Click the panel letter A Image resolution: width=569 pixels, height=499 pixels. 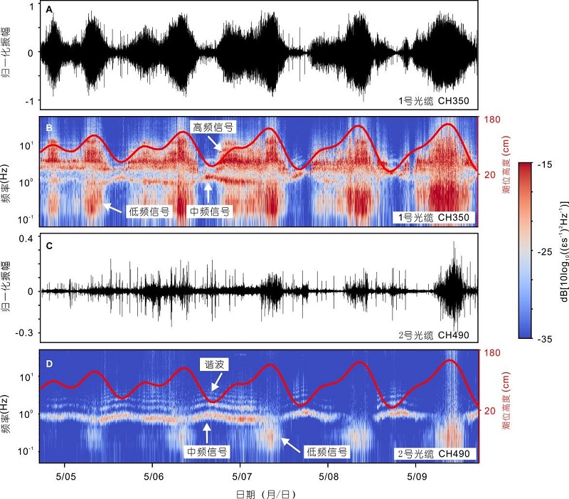click(49, 9)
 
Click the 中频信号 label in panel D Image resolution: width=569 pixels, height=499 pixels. click(208, 451)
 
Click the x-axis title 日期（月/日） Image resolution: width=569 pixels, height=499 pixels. click(258, 492)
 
